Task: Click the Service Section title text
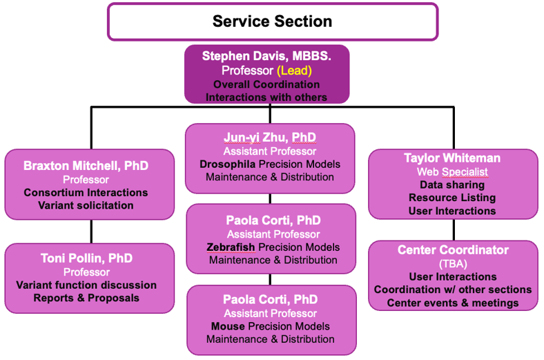point(272,21)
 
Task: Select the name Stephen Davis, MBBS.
point(266,56)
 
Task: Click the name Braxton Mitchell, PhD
point(86,166)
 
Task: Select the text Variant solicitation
point(86,205)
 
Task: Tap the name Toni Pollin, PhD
point(86,258)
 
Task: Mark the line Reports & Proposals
point(86,298)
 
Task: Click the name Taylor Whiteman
point(452,158)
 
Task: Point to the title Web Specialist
point(452,171)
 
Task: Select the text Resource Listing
point(452,198)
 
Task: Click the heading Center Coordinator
point(453,250)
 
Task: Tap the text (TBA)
point(453,263)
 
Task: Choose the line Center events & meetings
point(453,303)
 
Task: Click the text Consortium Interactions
point(86,192)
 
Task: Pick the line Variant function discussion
point(86,285)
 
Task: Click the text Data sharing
point(452,184)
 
